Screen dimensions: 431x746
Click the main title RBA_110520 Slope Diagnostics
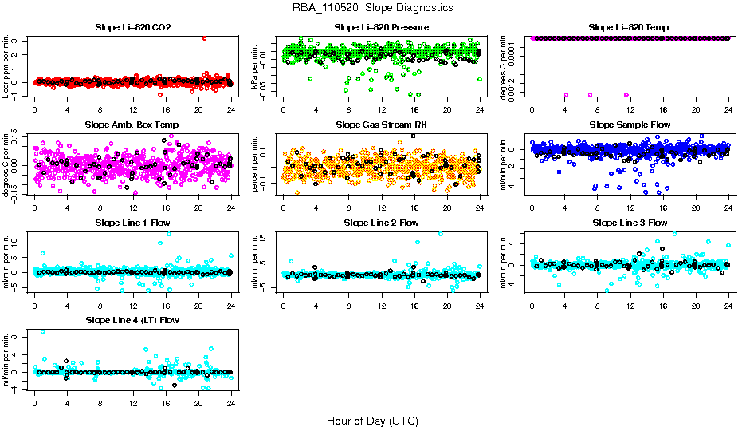pos(372,7)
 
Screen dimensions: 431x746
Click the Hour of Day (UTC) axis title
pos(372,420)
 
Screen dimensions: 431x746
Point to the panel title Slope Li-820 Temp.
pos(630,27)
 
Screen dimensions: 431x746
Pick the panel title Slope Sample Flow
pos(630,125)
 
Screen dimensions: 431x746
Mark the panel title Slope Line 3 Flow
pos(630,222)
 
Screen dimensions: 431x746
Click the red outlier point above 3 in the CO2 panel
pos(205,38)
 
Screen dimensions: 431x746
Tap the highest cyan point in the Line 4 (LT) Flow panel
pos(42,332)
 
